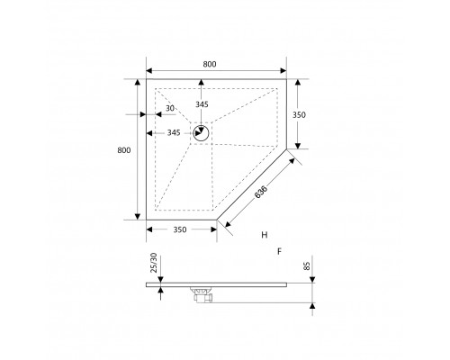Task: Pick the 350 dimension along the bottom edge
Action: [180, 230]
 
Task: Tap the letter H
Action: [265, 235]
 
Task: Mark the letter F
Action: [281, 252]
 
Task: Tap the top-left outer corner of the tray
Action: [147, 78]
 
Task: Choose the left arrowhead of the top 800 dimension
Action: [149, 71]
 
